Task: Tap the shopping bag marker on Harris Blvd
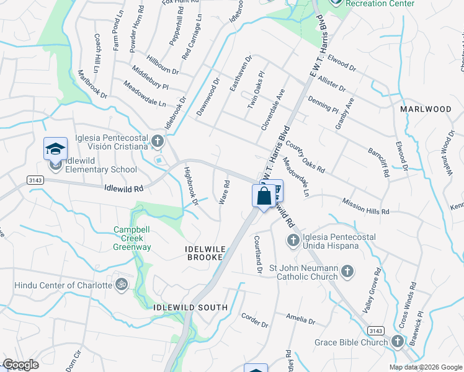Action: [x=264, y=197]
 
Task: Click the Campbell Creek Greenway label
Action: [x=132, y=238]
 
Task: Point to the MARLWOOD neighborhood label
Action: [x=426, y=109]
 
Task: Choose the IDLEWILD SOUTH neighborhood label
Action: [x=190, y=308]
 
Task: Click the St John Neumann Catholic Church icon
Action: [x=347, y=270]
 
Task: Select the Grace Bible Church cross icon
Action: [x=396, y=342]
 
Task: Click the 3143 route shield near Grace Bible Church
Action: [x=375, y=330]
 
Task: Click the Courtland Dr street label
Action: [x=258, y=254]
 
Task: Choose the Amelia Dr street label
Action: [x=301, y=319]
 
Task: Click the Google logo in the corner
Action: [x=20, y=365]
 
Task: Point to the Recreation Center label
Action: [x=380, y=4]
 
